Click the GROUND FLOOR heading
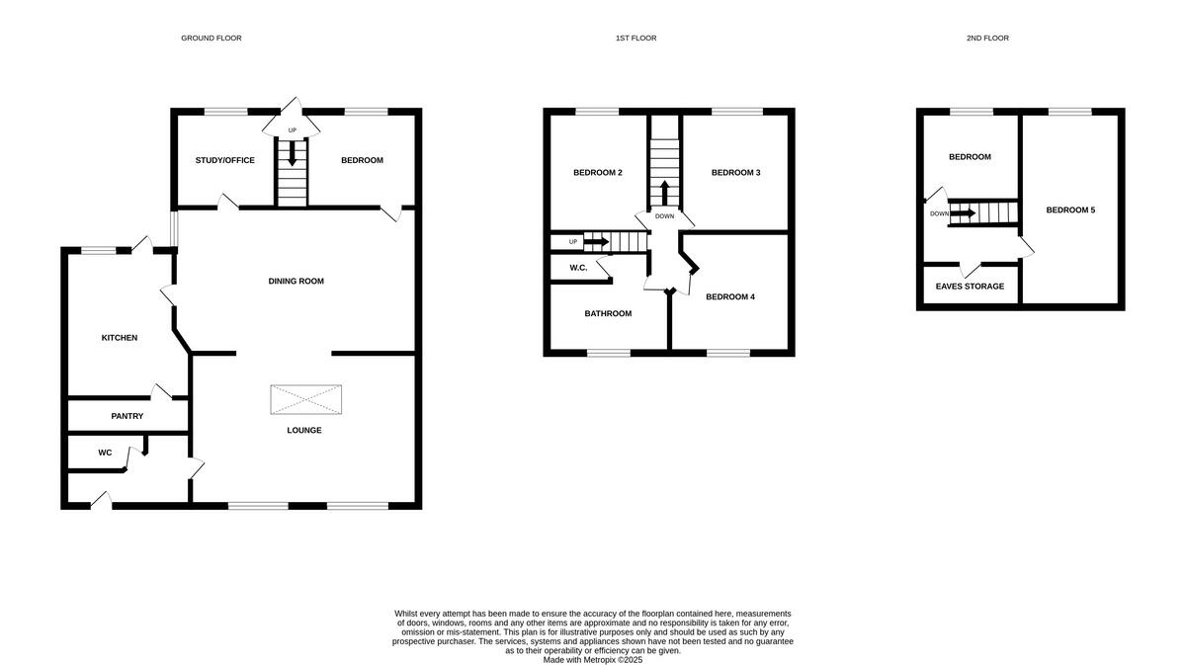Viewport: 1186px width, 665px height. (x=211, y=39)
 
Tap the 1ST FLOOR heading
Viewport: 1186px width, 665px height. (x=635, y=39)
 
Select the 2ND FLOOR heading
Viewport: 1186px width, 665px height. (x=987, y=39)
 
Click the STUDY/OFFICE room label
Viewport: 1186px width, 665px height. (x=224, y=161)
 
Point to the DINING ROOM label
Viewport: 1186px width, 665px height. (x=296, y=282)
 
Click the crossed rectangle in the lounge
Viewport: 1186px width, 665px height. (x=305, y=400)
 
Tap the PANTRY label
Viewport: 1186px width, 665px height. (x=127, y=417)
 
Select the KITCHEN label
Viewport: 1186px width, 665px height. (x=120, y=339)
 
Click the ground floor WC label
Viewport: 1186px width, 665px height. (x=105, y=454)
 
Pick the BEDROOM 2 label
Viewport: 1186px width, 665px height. (x=598, y=174)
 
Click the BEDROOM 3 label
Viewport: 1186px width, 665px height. (x=735, y=174)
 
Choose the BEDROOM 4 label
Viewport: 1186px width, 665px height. (x=730, y=296)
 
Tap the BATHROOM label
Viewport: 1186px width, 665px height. (x=608, y=314)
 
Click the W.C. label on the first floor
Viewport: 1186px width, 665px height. (x=578, y=268)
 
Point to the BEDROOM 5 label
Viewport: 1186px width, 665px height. (x=1070, y=210)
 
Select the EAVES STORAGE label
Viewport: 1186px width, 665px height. (x=970, y=287)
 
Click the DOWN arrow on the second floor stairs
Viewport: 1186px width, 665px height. (x=964, y=212)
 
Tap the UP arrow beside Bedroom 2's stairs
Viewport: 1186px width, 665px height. (x=596, y=241)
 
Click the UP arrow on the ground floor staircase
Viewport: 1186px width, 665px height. (x=292, y=152)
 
